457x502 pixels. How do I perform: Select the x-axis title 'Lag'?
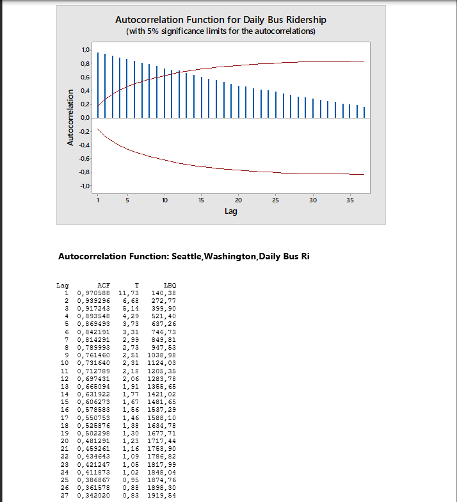click(x=231, y=211)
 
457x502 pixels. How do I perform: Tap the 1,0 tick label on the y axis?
click(x=85, y=50)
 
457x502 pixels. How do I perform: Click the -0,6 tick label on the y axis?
click(x=84, y=159)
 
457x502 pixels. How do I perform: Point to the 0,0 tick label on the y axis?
click(x=85, y=118)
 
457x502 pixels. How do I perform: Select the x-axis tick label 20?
click(x=239, y=200)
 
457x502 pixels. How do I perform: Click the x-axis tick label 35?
click(x=349, y=200)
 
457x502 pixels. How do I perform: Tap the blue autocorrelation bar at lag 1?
click(x=98, y=85)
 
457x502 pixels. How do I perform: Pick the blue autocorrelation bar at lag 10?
click(x=164, y=93)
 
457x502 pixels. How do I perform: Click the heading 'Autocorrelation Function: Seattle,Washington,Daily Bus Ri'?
click(x=184, y=257)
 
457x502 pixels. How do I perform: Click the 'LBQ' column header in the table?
click(x=170, y=285)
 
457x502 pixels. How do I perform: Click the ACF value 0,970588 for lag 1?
click(x=93, y=292)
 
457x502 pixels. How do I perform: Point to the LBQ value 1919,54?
click(x=161, y=496)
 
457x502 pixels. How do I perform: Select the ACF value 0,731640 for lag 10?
click(x=93, y=362)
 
